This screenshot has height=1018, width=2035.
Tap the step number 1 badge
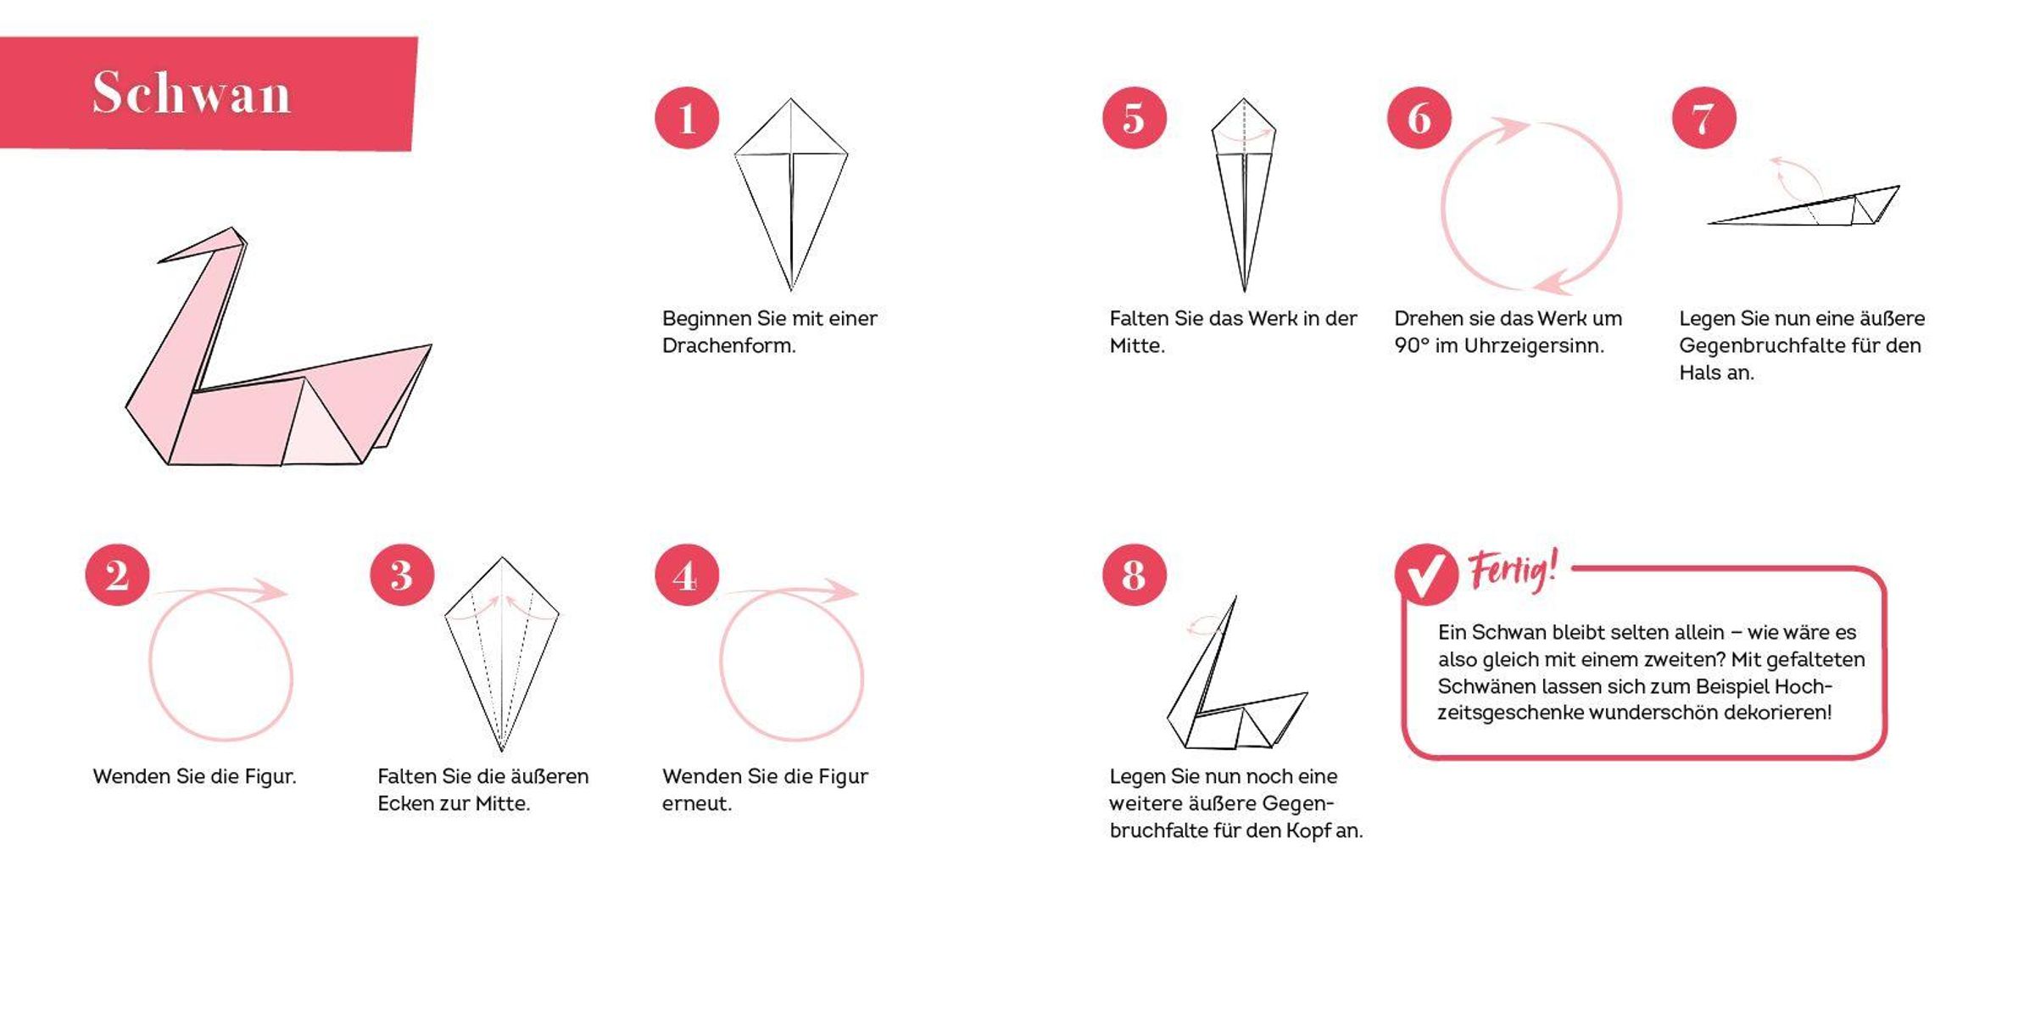tap(687, 118)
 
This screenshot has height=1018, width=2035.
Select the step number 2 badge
tap(117, 574)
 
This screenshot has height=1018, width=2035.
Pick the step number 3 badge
tap(402, 574)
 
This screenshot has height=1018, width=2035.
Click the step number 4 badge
tap(687, 574)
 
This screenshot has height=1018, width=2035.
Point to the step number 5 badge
tap(1135, 118)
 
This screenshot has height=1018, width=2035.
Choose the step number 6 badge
tap(1419, 118)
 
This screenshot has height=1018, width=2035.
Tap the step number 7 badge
tap(1704, 118)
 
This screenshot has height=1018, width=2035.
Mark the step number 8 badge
tap(1135, 574)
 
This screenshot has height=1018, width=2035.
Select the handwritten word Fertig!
tap(1514, 570)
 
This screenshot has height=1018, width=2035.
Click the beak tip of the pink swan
tap(159, 261)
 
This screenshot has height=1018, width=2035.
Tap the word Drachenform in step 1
tap(728, 345)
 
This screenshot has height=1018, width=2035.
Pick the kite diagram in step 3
tap(502, 654)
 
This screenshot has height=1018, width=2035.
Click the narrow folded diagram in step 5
tap(1244, 195)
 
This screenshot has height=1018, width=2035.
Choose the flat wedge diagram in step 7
tap(1804, 205)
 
